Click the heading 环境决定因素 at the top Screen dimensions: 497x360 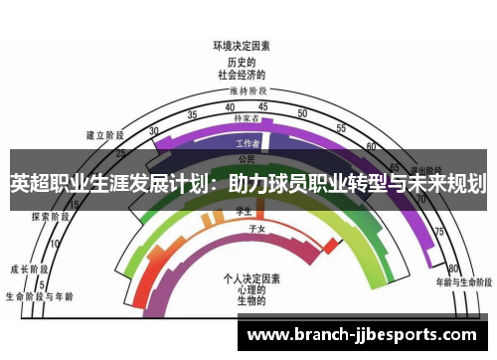242,46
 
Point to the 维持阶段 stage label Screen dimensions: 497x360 242,90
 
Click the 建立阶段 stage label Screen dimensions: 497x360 104,135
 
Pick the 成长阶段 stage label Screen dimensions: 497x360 29,269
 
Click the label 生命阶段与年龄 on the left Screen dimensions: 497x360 39,295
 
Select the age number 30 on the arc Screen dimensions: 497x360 153,130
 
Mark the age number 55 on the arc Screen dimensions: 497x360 340,128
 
